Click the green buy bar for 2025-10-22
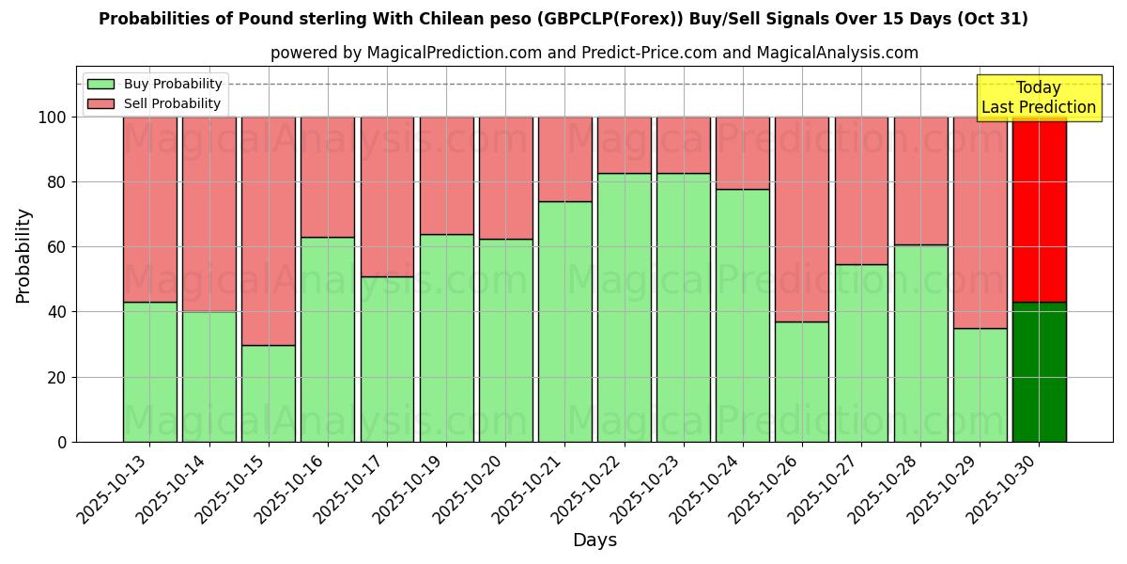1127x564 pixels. pyautogui.click(x=625, y=307)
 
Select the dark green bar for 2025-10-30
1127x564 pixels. pyautogui.click(x=1039, y=372)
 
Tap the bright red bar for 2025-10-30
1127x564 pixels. pyautogui.click(x=1039, y=210)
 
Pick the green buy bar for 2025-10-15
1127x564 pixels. pyautogui.click(x=269, y=393)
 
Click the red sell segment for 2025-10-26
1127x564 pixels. pyautogui.click(x=802, y=219)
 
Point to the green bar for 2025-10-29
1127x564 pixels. pyautogui.click(x=980, y=384)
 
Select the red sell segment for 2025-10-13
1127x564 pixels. pyautogui.click(x=150, y=210)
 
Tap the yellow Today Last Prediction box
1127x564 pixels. pyautogui.click(x=1038, y=98)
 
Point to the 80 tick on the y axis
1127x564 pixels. pyautogui.click(x=57, y=182)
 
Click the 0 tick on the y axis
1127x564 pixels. pyautogui.click(x=63, y=443)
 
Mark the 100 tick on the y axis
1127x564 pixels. pyautogui.click(x=54, y=117)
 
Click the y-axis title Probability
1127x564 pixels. pyautogui.click(x=23, y=256)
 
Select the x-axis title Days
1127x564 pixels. pyautogui.click(x=594, y=540)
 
